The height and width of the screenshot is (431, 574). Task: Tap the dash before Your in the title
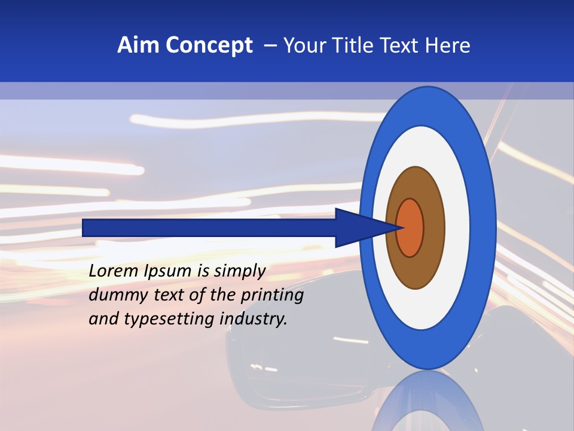click(x=270, y=46)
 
